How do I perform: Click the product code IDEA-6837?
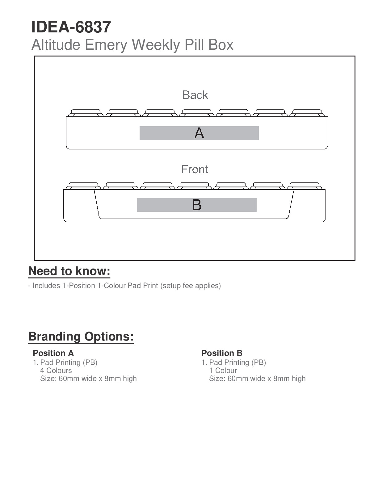tap(71, 27)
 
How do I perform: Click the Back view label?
tap(195, 95)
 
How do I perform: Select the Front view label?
tap(195, 169)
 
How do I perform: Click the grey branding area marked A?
tap(199, 133)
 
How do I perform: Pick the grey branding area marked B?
tap(197, 205)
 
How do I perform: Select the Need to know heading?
tap(69, 271)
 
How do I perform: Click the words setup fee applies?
tap(191, 286)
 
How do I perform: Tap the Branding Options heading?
tap(81, 336)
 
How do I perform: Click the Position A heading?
tap(53, 353)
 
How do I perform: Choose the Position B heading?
tap(222, 353)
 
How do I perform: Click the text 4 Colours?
tap(56, 370)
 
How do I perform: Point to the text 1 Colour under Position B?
tap(223, 370)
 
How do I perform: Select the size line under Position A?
tap(88, 378)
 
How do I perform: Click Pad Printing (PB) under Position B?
tap(237, 362)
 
